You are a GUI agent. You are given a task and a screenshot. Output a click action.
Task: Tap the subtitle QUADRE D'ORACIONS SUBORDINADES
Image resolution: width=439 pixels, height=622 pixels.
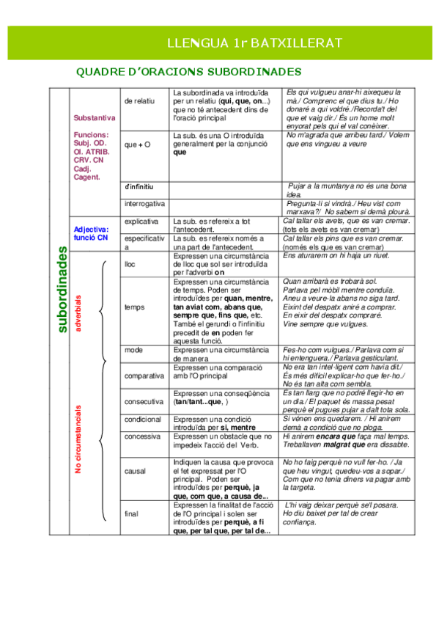coord(189,72)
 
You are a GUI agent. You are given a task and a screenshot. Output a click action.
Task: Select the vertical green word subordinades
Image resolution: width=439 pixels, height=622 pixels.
coord(63,289)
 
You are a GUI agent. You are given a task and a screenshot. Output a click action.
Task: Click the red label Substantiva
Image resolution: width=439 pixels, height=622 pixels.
coord(95,117)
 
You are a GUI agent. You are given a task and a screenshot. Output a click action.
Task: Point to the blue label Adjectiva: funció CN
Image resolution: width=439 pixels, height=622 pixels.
coord(92,233)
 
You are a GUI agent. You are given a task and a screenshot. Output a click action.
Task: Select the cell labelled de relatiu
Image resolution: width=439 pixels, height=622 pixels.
coord(139,101)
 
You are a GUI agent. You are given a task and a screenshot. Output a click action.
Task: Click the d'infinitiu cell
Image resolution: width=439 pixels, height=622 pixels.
coord(139,187)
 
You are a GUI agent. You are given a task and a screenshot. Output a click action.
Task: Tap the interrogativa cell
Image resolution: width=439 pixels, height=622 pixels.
coord(144,202)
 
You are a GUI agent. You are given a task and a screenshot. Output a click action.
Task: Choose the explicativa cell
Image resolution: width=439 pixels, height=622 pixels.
coord(142,220)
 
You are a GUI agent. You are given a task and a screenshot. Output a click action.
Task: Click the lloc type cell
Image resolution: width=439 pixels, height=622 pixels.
coord(130,263)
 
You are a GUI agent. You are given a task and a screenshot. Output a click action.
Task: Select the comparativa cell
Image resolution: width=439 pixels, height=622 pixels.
coord(144,376)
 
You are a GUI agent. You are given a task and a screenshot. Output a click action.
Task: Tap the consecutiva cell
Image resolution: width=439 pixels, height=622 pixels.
coord(144,401)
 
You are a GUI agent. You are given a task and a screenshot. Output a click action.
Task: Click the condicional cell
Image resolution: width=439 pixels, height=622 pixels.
coord(143,420)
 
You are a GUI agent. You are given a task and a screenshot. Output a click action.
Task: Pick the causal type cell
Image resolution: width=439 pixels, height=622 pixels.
coord(136,472)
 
